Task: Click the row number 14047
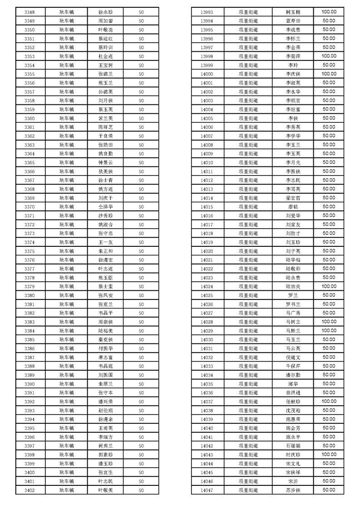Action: [207, 490]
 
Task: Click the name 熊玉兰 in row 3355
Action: [105, 83]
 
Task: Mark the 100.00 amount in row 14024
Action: [329, 286]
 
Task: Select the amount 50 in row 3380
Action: [141, 295]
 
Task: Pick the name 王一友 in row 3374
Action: [105, 242]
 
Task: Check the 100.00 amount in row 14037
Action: [329, 401]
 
